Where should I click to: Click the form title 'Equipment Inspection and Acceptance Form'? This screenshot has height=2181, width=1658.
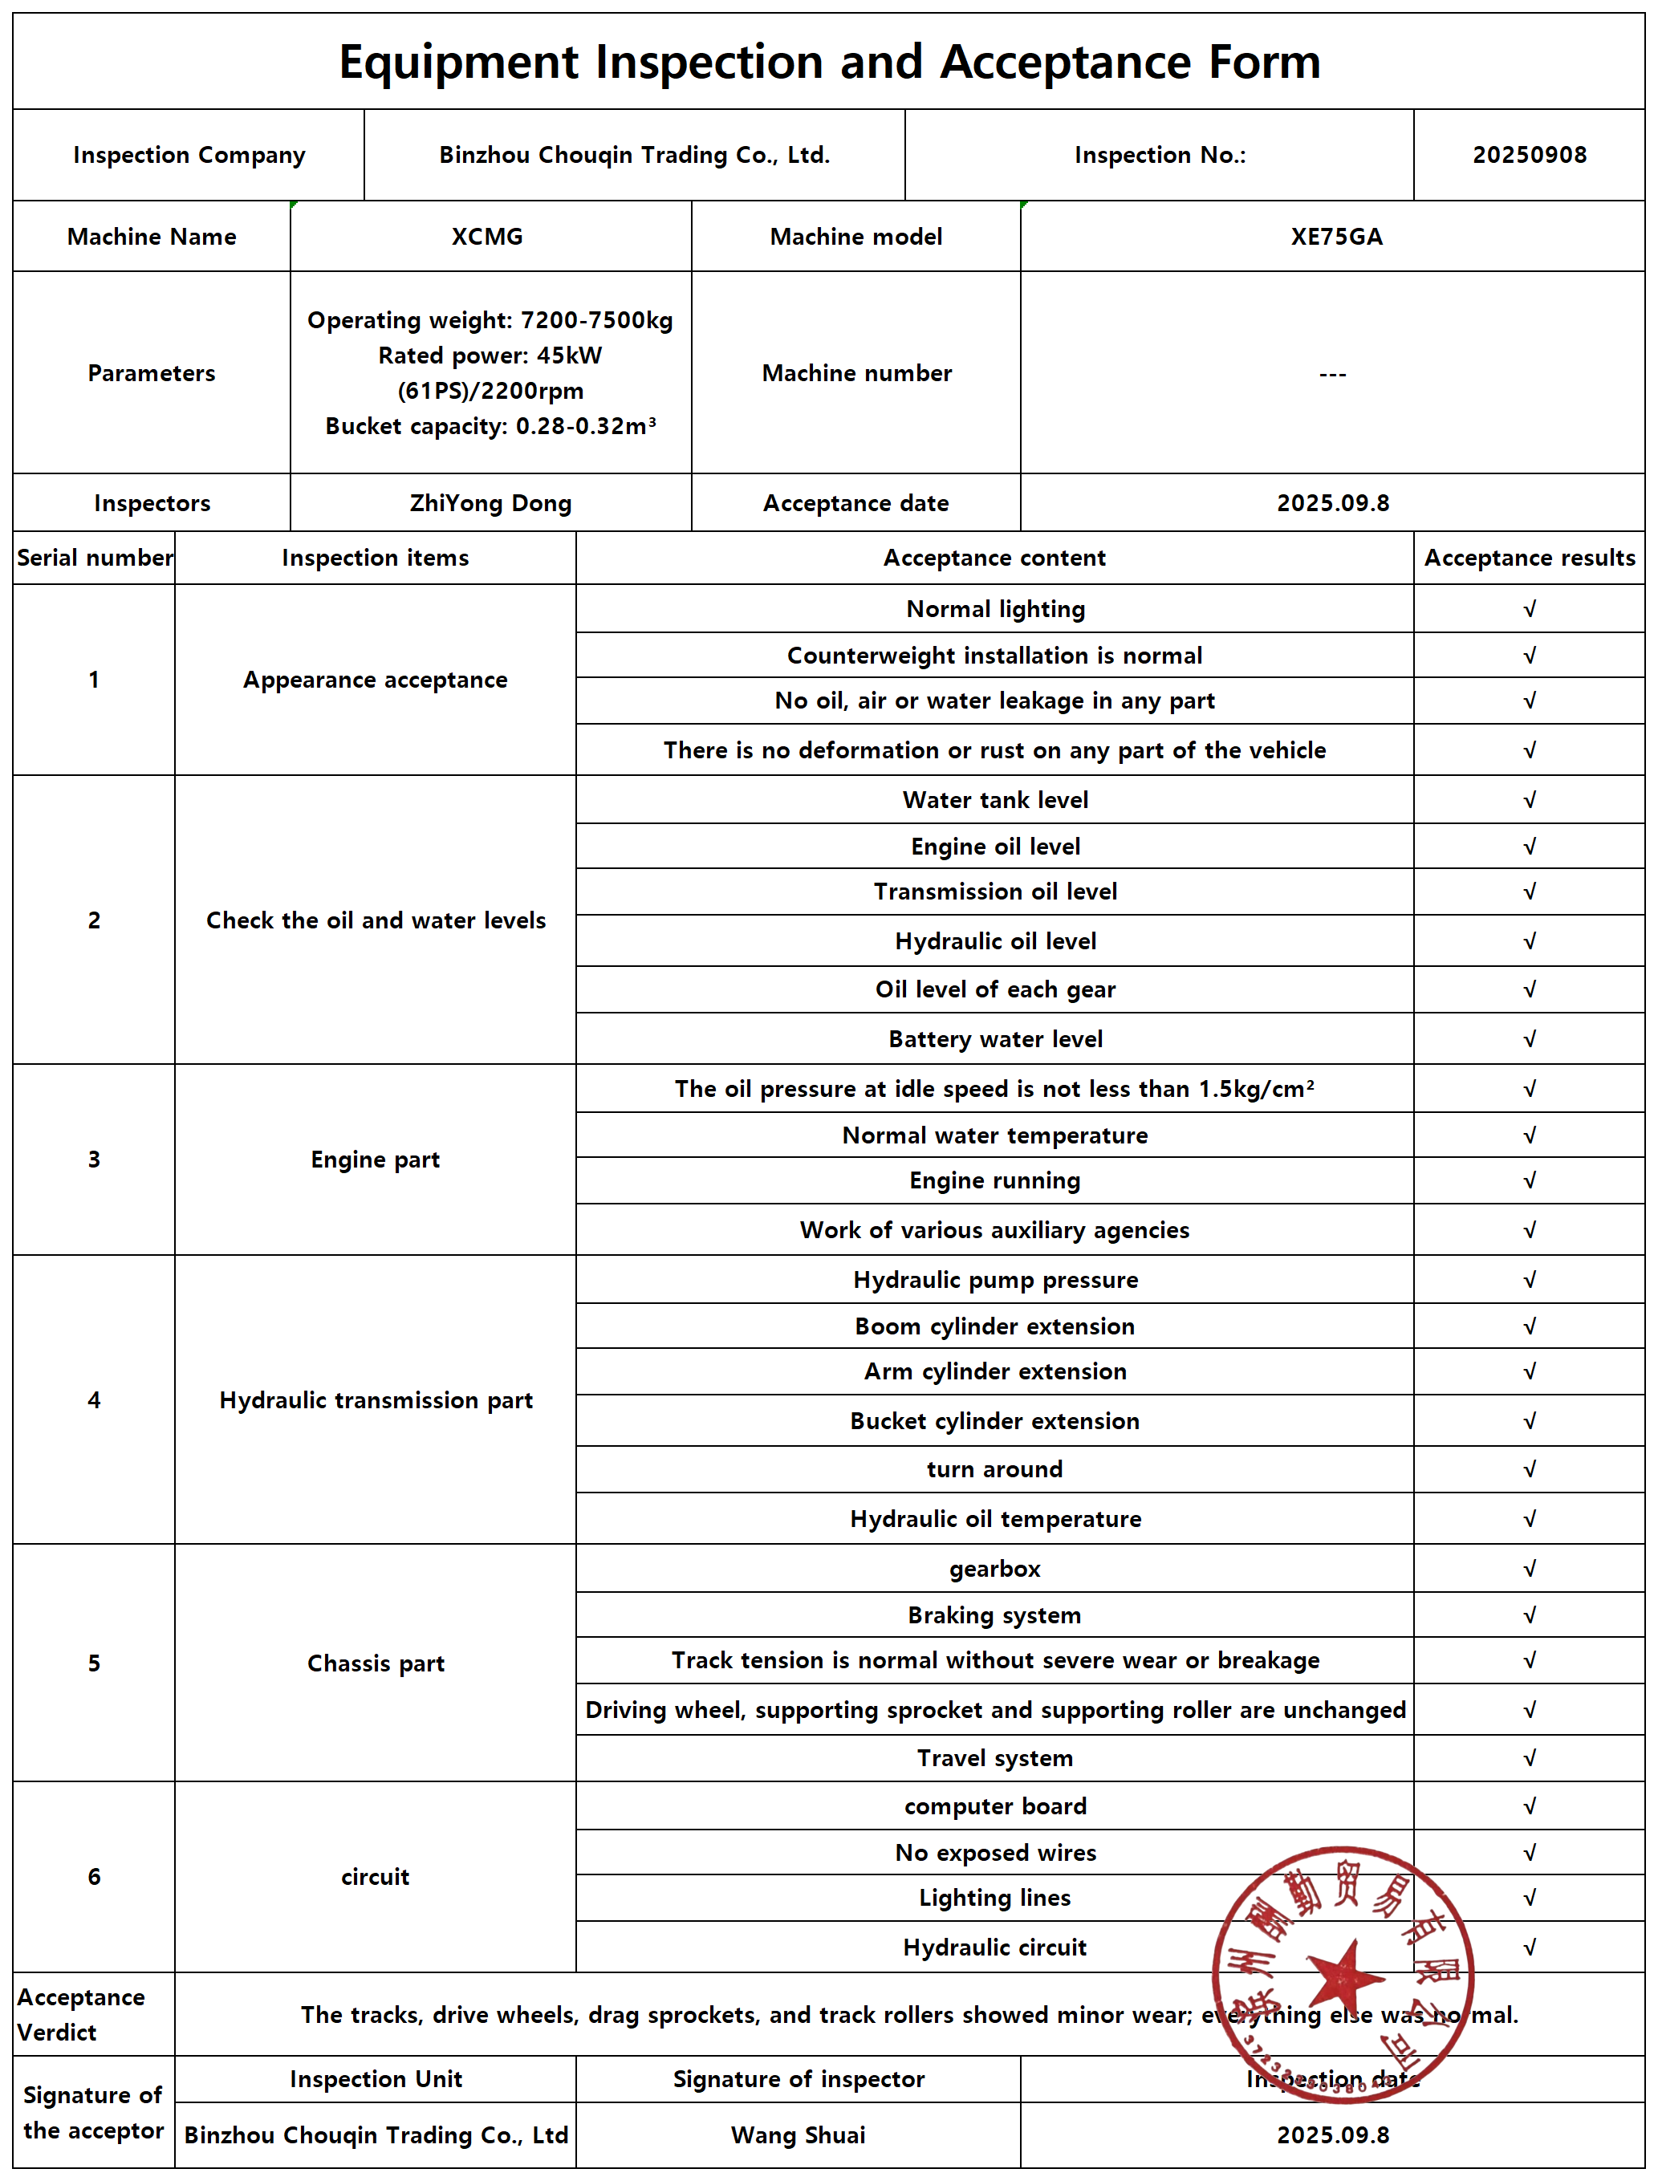click(x=829, y=62)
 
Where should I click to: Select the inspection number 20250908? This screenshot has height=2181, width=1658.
click(x=1529, y=155)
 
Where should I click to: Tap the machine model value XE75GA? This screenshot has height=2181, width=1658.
click(x=1336, y=237)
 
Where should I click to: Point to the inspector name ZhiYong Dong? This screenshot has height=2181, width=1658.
click(x=490, y=503)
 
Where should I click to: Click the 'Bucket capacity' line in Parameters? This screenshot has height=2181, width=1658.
click(x=490, y=426)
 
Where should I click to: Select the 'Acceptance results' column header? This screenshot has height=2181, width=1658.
click(x=1529, y=558)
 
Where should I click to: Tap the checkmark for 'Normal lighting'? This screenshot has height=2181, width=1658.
click(x=1529, y=610)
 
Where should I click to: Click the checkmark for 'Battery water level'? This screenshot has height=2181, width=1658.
click(x=1529, y=1039)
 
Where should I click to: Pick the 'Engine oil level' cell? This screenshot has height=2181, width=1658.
click(x=995, y=847)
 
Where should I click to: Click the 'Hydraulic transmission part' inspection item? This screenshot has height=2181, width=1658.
click(x=375, y=1400)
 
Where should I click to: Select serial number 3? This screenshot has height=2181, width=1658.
click(x=94, y=1160)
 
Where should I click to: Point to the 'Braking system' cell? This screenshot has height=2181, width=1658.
click(x=995, y=1615)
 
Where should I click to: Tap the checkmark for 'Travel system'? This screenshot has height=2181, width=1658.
click(x=1529, y=1759)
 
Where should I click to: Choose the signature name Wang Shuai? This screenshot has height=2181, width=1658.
click(x=798, y=2135)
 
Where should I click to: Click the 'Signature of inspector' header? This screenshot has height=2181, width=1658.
click(x=798, y=2079)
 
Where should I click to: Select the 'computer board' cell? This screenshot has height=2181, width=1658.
click(x=995, y=1806)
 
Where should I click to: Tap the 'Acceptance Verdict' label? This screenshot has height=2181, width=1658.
click(x=81, y=2014)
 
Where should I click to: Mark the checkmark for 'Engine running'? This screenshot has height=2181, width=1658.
click(x=1529, y=1181)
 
